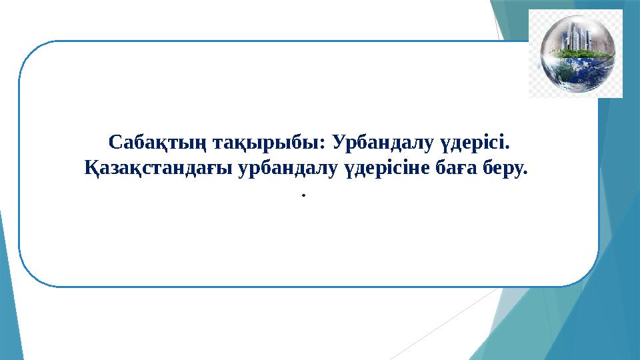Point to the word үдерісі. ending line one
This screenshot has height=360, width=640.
pyautogui.click(x=478, y=143)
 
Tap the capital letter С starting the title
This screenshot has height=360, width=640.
pyautogui.click(x=115, y=143)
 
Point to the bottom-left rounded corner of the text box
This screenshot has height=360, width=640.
pyautogui.click(x=28, y=277)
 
